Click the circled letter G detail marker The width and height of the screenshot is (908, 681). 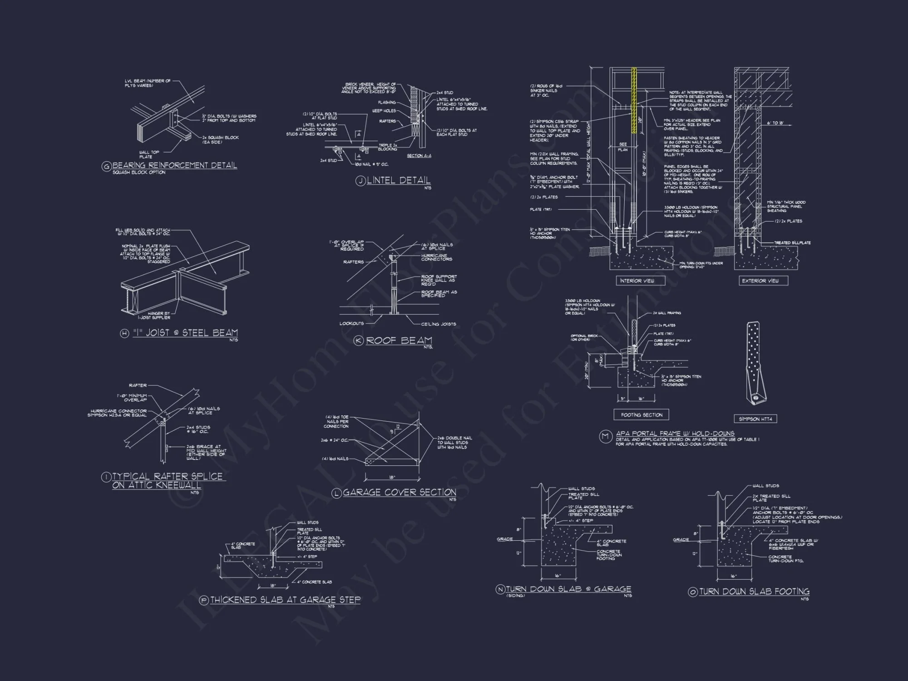[106, 167]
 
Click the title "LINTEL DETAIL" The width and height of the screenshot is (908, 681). [399, 180]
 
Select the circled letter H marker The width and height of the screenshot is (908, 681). [124, 334]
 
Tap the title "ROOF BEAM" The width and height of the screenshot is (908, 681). [399, 340]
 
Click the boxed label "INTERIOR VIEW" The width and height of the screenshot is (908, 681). [637, 281]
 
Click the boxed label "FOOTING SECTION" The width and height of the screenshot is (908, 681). [642, 415]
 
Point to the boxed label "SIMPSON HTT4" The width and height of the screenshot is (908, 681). [755, 419]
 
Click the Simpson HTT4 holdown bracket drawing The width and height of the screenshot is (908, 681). [755, 363]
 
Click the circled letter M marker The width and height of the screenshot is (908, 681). [605, 437]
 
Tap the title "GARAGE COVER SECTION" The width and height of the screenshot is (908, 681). [400, 492]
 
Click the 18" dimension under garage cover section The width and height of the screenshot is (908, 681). [392, 477]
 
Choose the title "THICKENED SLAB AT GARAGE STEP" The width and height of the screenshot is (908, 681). [285, 600]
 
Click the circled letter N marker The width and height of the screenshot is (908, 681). [500, 589]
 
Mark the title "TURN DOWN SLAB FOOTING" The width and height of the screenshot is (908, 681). [754, 592]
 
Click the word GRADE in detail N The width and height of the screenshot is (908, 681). [505, 539]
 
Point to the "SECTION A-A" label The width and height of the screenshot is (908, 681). [419, 156]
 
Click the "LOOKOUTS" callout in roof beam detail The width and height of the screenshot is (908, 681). [351, 324]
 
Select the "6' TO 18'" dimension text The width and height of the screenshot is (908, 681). [775, 123]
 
